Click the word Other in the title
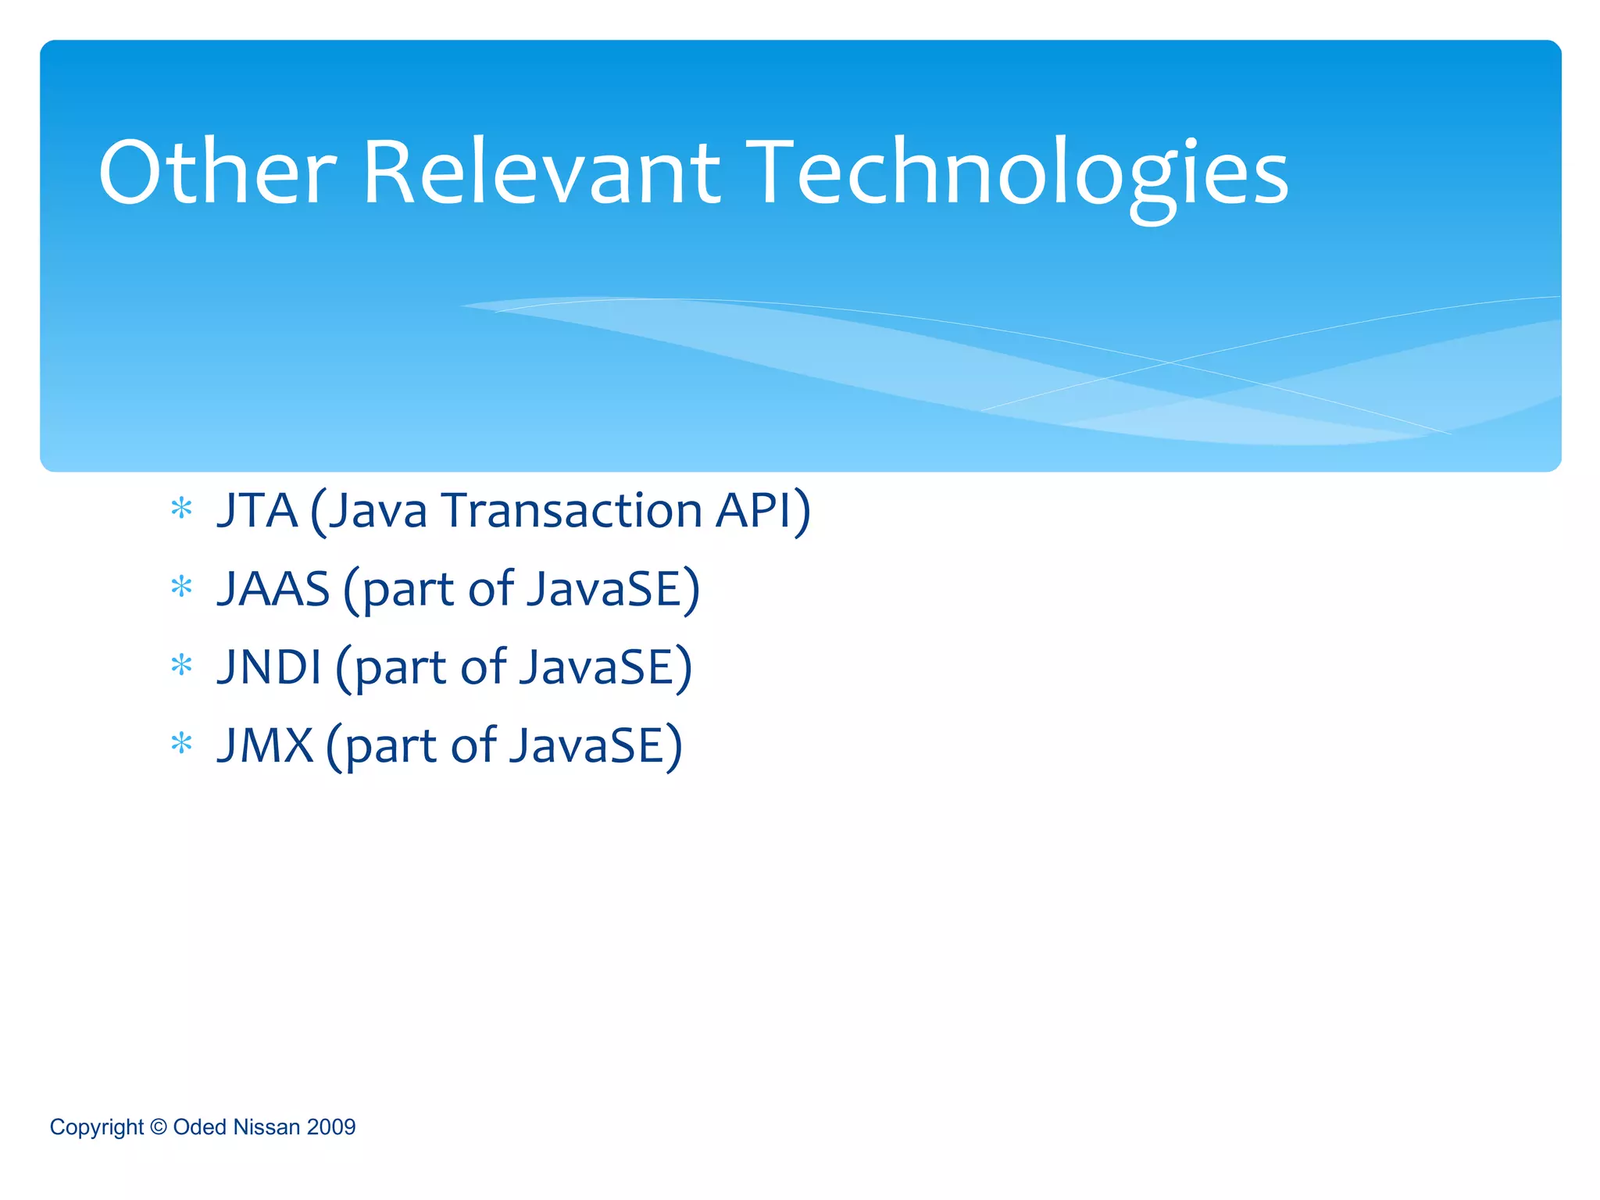pyautogui.click(x=217, y=173)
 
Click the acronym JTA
pyautogui.click(x=257, y=510)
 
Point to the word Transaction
pyautogui.click(x=572, y=510)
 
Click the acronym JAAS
pyautogui.click(x=273, y=588)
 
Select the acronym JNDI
pyautogui.click(x=270, y=666)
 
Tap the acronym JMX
pyautogui.click(x=265, y=745)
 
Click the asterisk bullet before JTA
pyautogui.click(x=181, y=509)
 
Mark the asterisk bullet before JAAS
pyautogui.click(x=181, y=587)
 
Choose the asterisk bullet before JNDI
pyautogui.click(x=181, y=666)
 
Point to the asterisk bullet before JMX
pyautogui.click(x=181, y=744)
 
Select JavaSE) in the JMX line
pyautogui.click(x=596, y=745)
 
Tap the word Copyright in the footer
pyautogui.click(x=97, y=1127)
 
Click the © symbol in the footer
pyautogui.click(x=159, y=1127)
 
